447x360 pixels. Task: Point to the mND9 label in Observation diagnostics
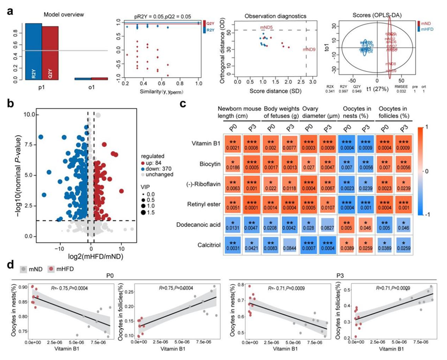click(x=309, y=49)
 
